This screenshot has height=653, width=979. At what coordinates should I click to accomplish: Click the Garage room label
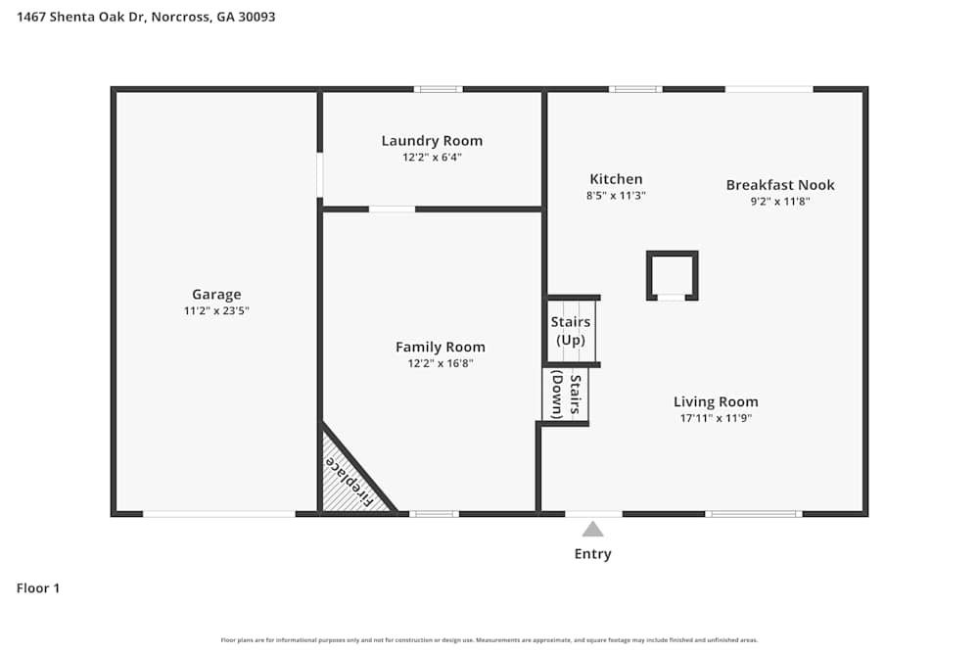(216, 295)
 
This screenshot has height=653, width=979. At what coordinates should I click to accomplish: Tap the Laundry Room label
(432, 141)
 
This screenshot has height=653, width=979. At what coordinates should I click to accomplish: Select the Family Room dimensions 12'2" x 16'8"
(440, 363)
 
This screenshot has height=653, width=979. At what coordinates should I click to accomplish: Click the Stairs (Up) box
(570, 331)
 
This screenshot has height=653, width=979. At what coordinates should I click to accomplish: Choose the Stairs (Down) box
(566, 396)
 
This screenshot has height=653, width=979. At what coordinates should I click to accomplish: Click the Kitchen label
(616, 179)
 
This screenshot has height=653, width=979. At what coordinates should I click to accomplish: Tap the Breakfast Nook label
(780, 185)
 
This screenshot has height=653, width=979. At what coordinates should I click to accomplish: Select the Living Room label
(716, 401)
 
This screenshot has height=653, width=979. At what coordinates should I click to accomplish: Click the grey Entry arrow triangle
(592, 530)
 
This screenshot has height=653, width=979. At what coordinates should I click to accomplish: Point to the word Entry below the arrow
(592, 554)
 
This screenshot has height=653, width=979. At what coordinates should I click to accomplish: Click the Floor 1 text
(38, 588)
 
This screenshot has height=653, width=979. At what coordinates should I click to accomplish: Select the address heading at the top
(146, 17)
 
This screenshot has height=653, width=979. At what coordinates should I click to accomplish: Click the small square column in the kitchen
(672, 275)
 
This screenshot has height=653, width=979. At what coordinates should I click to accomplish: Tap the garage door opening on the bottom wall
(218, 513)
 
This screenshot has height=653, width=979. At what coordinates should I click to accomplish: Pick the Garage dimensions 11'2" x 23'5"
(216, 310)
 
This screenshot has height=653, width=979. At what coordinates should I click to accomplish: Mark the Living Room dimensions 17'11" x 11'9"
(716, 418)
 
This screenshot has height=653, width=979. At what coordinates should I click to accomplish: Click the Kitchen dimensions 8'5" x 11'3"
(616, 196)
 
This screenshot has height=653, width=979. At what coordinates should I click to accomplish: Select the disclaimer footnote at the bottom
(489, 640)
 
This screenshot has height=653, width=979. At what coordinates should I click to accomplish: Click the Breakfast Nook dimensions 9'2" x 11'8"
(780, 202)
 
